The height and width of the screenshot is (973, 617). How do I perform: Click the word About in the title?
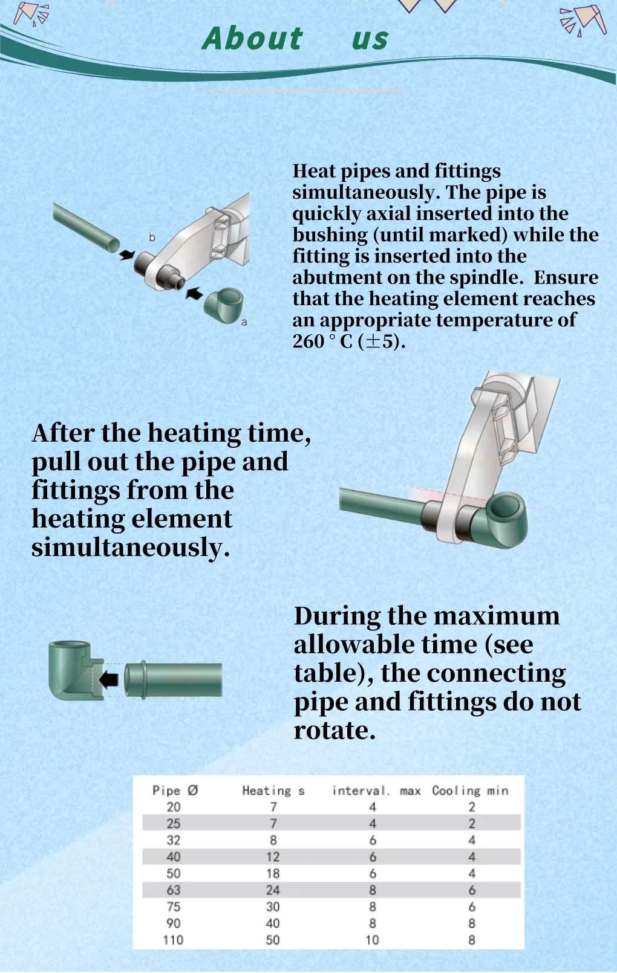click(252, 39)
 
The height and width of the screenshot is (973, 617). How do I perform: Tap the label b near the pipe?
click(152, 238)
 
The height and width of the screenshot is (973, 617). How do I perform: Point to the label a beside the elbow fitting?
click(244, 322)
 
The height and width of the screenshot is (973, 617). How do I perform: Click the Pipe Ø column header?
click(175, 790)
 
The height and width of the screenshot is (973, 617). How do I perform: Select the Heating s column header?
click(273, 790)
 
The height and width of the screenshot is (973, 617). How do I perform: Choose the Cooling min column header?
click(470, 790)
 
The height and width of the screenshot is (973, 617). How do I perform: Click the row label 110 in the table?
click(173, 940)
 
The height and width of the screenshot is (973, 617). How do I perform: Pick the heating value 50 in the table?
click(273, 940)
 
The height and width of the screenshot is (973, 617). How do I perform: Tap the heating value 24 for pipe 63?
click(273, 890)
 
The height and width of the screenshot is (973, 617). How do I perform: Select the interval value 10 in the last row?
click(372, 940)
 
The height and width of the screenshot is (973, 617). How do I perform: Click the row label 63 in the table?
click(174, 890)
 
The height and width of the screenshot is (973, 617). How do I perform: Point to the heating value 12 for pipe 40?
click(273, 857)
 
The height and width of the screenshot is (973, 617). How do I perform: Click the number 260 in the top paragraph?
click(308, 341)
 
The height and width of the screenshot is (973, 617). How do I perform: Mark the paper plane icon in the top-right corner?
click(584, 20)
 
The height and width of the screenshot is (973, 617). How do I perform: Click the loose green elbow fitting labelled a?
click(224, 304)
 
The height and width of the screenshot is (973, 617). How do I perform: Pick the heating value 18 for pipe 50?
click(273, 873)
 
